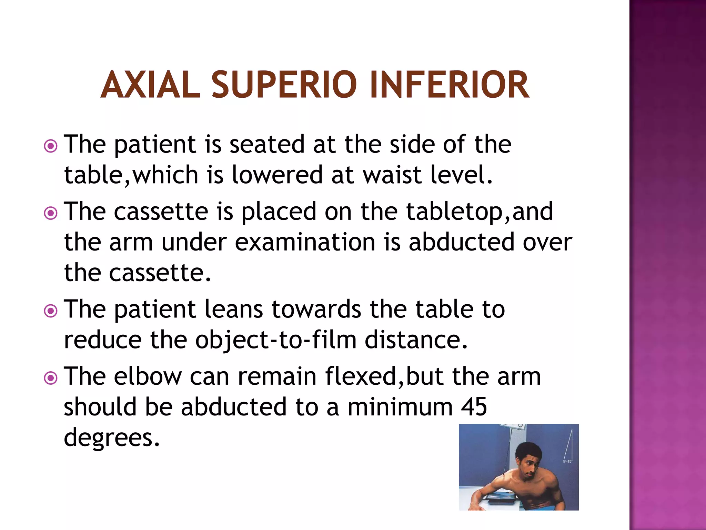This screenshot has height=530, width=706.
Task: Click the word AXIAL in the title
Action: [150, 85]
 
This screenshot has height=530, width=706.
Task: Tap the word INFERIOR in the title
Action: [448, 85]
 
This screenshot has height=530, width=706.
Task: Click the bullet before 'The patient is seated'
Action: [51, 146]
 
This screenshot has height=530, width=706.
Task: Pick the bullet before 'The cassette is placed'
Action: [51, 213]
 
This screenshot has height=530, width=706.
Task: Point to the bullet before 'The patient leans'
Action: [51, 311]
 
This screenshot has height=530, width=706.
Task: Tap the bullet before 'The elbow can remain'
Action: [51, 378]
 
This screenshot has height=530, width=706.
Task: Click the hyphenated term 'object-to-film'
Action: [276, 340]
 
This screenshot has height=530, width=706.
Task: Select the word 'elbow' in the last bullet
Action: [148, 376]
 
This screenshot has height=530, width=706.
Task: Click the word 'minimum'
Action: [400, 407]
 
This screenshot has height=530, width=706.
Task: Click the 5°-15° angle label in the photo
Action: [567, 461]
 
